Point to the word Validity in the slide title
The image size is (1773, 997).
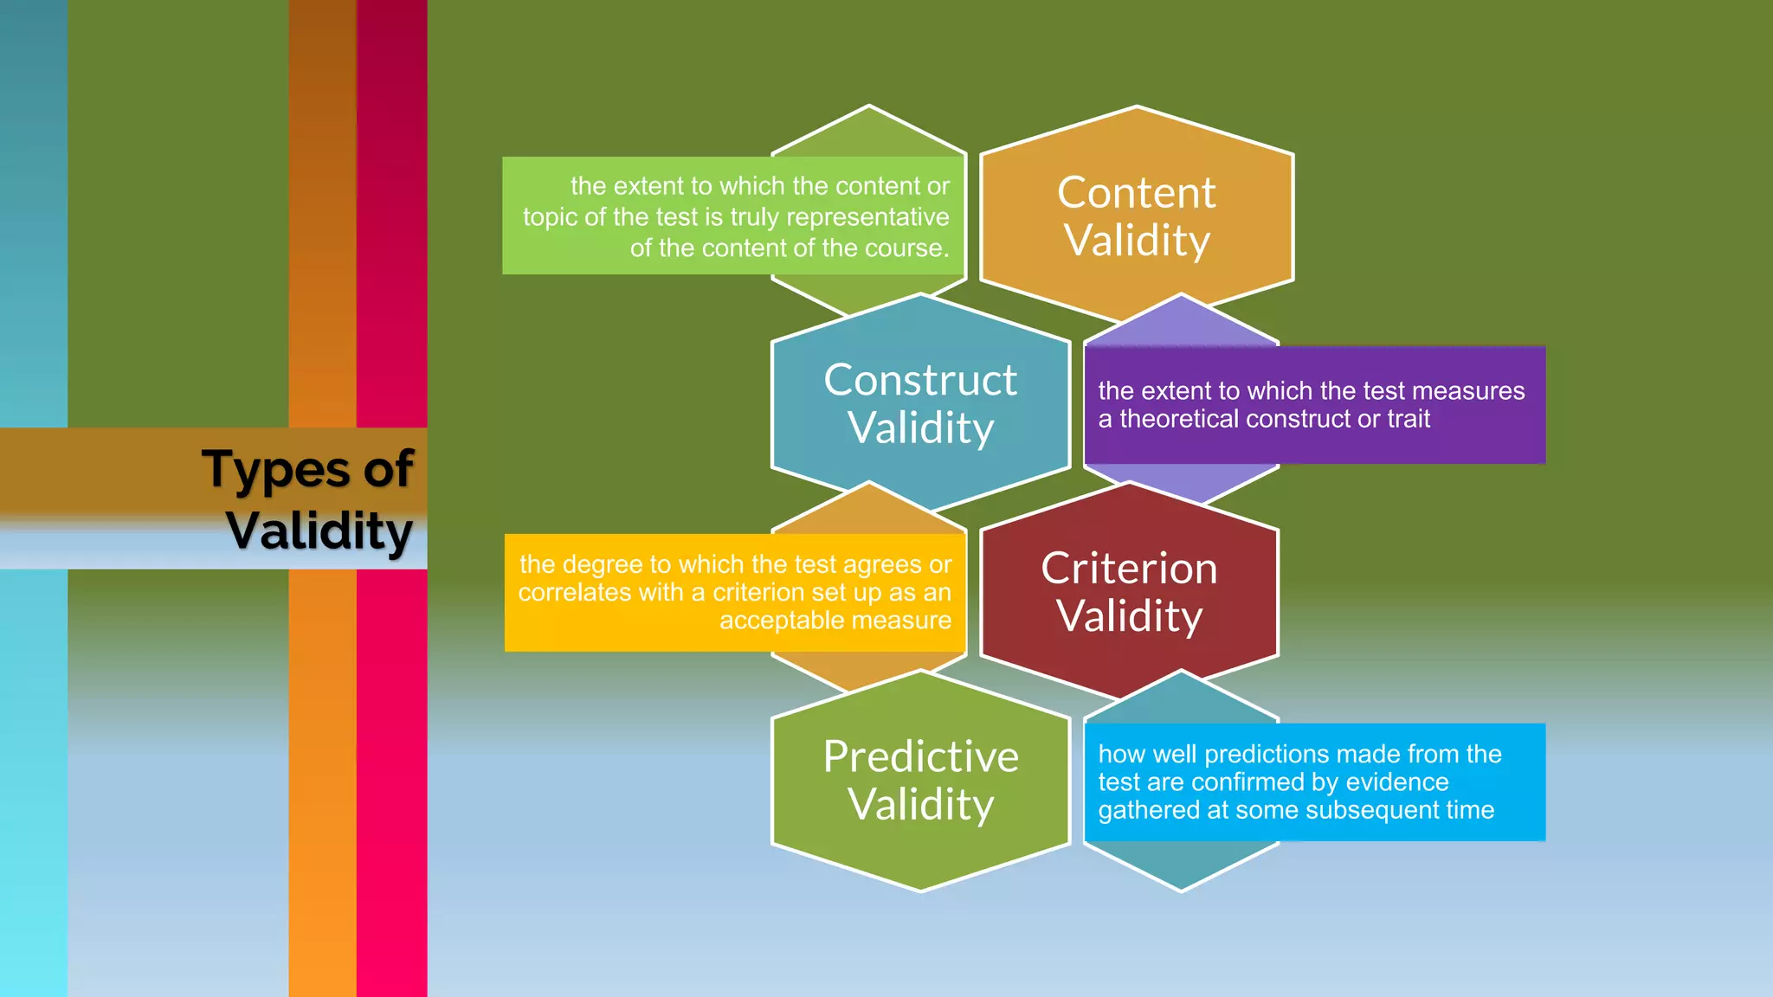[x=319, y=531]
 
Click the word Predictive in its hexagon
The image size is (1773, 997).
[x=920, y=756]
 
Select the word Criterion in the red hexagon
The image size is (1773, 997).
[x=1129, y=569]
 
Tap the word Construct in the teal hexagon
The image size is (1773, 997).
[x=920, y=380]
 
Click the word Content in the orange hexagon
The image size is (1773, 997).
[x=1136, y=193]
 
